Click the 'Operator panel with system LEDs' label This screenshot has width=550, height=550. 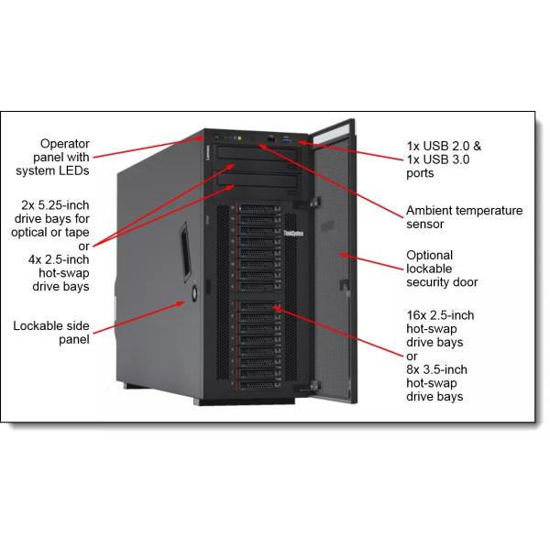[x=52, y=157]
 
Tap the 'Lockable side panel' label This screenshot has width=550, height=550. [x=51, y=333]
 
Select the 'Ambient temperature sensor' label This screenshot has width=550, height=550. [x=465, y=217]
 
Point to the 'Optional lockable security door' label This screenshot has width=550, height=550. [x=442, y=269]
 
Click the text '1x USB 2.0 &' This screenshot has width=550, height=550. [x=444, y=146]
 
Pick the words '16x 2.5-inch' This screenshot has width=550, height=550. [x=440, y=315]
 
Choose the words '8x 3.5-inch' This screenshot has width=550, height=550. [x=436, y=369]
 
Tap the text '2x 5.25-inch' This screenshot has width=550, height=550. [x=55, y=204]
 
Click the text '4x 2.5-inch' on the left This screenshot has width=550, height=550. [x=59, y=259]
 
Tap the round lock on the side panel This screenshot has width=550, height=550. [x=194, y=292]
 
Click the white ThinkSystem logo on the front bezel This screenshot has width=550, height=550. [x=293, y=233]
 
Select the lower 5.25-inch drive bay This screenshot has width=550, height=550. [x=258, y=181]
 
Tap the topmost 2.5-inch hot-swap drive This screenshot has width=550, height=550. [x=259, y=209]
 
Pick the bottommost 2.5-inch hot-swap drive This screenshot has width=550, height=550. [x=259, y=384]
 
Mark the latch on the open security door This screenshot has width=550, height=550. [x=345, y=284]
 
